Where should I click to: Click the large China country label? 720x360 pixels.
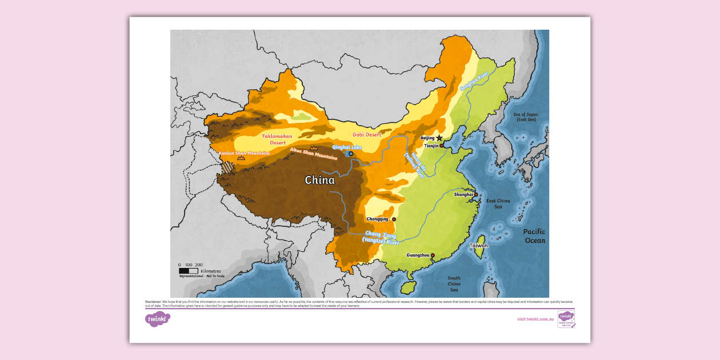(319, 180)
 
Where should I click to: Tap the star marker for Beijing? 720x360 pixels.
(439, 138)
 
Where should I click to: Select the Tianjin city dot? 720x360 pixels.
(442, 146)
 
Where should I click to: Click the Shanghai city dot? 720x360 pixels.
(476, 194)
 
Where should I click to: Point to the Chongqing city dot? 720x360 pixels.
(394, 219)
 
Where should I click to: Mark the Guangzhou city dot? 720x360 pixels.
(433, 255)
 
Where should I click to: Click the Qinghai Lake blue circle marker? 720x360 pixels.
(351, 154)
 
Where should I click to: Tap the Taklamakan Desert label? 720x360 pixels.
(277, 139)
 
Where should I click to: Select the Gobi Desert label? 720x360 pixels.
(367, 134)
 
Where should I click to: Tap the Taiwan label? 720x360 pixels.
(479, 246)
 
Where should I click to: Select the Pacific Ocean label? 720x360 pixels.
(534, 236)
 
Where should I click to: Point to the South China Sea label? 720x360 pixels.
(454, 283)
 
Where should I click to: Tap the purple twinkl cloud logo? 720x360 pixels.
(158, 319)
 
